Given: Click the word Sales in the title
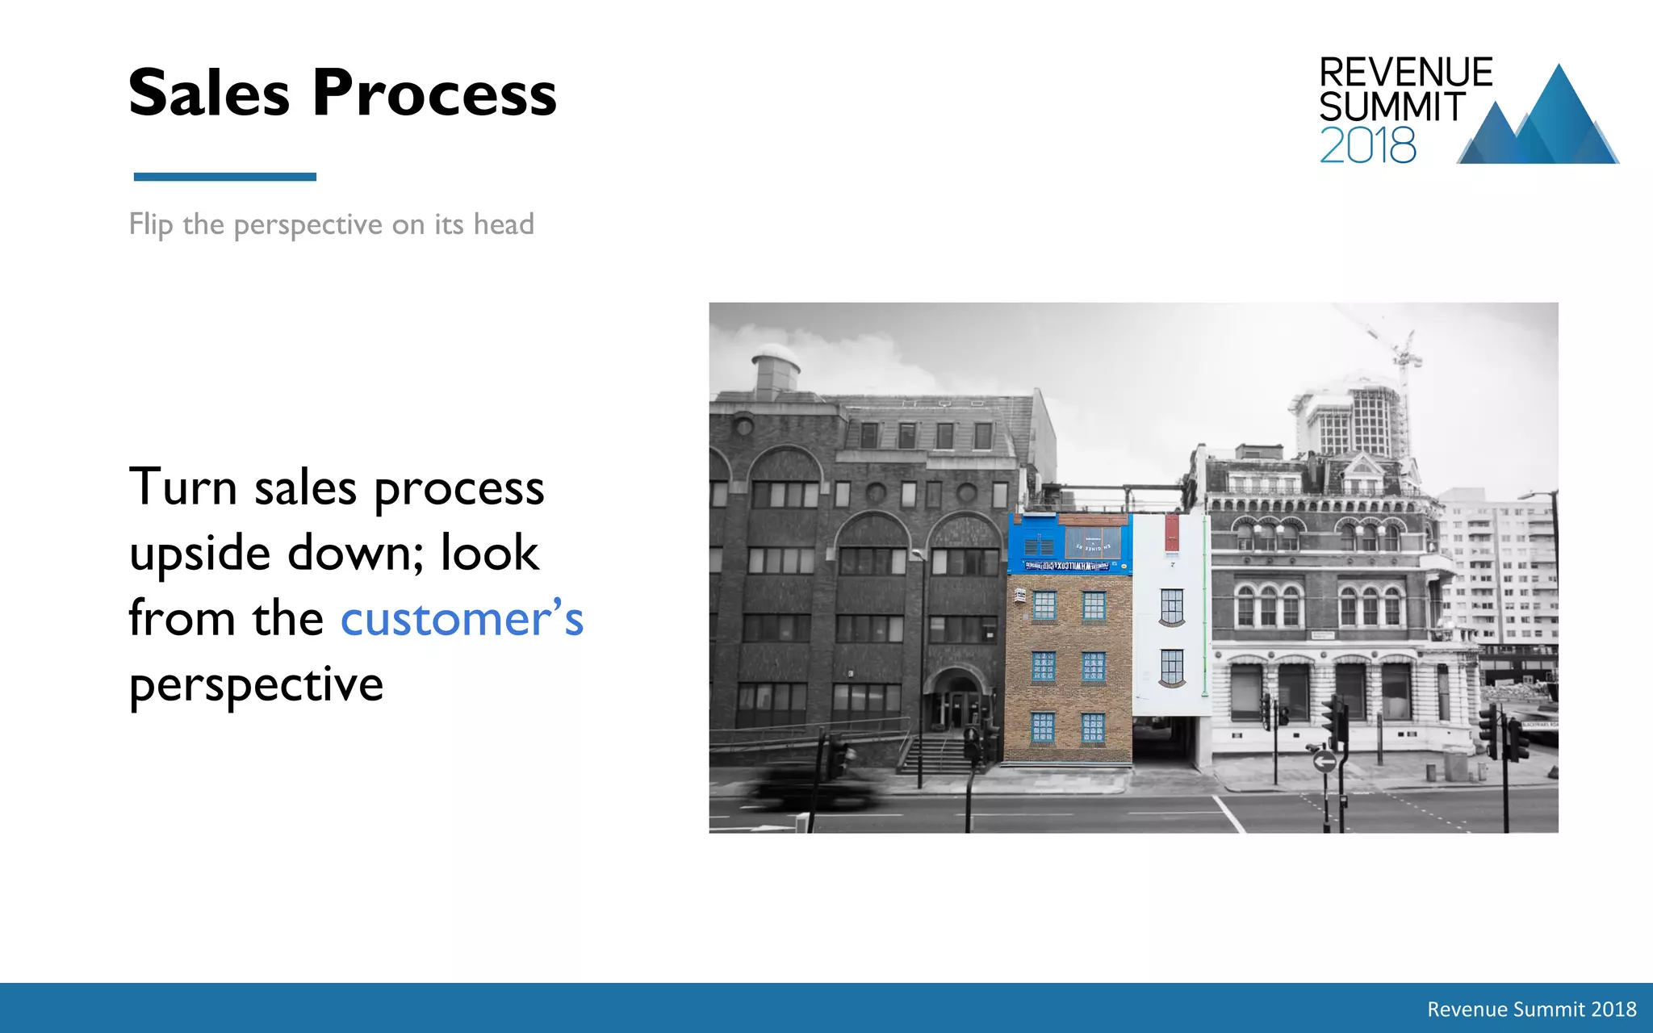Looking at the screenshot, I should click(x=208, y=94).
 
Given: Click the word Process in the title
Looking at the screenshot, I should click(x=434, y=94).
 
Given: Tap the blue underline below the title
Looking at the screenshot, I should click(x=224, y=177).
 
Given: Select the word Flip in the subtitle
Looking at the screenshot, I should click(x=150, y=224).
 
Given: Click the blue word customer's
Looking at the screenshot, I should click(x=462, y=620).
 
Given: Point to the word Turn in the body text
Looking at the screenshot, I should click(x=183, y=487).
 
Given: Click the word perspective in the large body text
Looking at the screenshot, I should click(x=256, y=685).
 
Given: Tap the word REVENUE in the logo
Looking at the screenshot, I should click(x=1405, y=73).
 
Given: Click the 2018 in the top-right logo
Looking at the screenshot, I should click(x=1367, y=146).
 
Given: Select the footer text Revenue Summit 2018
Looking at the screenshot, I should click(x=1531, y=1009).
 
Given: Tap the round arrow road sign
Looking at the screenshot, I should click(x=1324, y=761).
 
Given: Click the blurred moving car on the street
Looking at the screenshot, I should click(x=815, y=787).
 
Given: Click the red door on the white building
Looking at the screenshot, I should click(x=1171, y=533).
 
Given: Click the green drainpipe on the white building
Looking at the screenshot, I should click(x=1205, y=605).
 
